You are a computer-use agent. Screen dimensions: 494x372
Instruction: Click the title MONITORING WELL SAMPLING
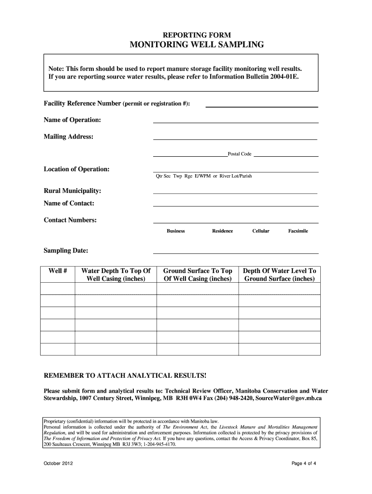point(197,45)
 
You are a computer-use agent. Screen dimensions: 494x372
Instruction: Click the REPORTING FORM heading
point(197,35)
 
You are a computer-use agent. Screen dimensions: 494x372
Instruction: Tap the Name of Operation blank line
point(236,122)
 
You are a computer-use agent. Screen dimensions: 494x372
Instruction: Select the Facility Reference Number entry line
point(262,106)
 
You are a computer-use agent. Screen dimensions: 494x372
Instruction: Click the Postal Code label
point(240,154)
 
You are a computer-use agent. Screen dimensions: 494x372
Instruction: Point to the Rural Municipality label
point(72,191)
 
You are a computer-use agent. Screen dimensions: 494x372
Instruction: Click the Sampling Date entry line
point(236,252)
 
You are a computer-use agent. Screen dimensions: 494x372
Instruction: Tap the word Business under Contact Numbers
point(176,231)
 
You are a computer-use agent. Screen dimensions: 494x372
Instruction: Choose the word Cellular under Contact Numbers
point(261,231)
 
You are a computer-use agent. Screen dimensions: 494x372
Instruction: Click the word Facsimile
point(298,231)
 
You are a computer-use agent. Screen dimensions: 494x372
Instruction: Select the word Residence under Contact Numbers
point(222,231)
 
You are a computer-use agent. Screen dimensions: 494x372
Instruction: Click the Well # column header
point(57,271)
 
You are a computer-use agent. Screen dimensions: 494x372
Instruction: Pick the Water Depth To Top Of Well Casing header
point(116,275)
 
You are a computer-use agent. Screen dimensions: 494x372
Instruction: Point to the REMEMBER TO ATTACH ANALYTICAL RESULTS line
point(125,375)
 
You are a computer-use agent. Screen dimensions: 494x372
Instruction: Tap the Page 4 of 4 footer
point(304,464)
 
